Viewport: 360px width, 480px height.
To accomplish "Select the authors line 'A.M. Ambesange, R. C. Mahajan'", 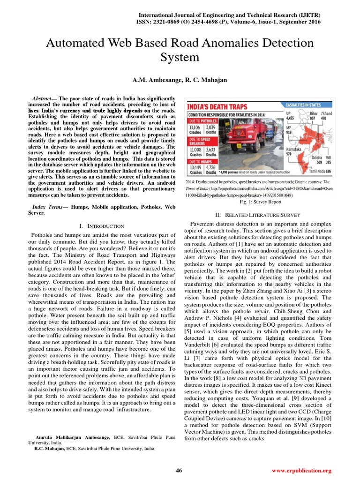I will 180,80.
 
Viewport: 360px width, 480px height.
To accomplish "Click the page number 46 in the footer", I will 179,470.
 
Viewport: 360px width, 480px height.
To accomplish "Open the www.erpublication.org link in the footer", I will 301,470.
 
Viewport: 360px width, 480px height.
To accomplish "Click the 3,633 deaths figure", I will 211,149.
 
